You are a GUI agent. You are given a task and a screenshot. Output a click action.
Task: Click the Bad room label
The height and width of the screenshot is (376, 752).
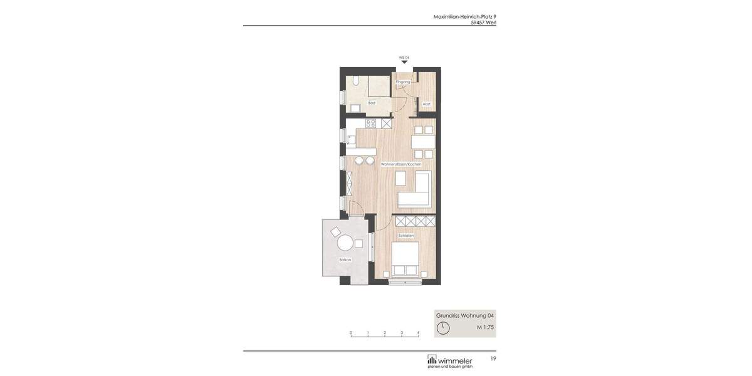(x=372, y=103)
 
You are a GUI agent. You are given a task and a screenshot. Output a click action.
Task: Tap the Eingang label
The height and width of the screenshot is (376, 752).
(x=403, y=82)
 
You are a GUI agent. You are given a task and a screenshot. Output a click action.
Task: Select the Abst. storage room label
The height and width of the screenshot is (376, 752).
(x=427, y=104)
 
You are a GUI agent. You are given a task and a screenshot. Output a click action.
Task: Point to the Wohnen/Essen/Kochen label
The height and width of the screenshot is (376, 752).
(x=401, y=164)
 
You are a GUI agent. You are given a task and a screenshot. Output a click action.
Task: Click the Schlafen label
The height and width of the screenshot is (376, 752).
(x=406, y=236)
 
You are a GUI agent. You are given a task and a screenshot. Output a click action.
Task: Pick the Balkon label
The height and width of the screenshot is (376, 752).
(x=345, y=259)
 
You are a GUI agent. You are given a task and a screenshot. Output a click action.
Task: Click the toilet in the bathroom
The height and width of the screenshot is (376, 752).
(x=355, y=81)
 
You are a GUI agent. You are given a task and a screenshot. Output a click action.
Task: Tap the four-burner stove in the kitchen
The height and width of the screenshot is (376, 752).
(x=370, y=123)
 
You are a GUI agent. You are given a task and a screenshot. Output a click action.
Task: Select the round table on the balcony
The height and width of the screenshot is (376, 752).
(x=345, y=243)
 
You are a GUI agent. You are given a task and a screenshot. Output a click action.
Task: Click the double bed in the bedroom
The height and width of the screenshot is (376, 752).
(x=405, y=259)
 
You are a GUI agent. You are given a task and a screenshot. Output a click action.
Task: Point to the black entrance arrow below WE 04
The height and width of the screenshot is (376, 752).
(x=404, y=62)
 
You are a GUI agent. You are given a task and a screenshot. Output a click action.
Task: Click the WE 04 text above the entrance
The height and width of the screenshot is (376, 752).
(x=404, y=57)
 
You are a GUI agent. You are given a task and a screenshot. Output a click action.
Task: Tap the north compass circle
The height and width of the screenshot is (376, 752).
(x=443, y=328)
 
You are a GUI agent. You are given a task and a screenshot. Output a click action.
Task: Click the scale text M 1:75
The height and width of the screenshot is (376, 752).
(x=485, y=327)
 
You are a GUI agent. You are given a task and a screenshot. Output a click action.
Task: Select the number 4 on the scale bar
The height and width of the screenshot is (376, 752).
(x=419, y=333)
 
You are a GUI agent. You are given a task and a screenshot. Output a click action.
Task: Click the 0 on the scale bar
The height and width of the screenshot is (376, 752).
(x=351, y=333)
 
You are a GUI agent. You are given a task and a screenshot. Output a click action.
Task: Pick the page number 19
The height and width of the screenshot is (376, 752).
(x=493, y=358)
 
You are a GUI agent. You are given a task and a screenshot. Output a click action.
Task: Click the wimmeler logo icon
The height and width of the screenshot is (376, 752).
(x=432, y=359)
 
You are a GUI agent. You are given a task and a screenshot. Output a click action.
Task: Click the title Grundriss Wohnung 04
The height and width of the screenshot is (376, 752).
(x=465, y=315)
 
